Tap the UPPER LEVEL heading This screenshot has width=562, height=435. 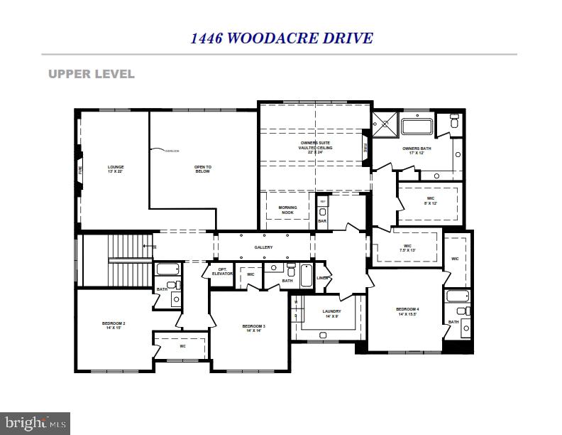(91, 74)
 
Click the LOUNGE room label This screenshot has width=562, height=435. (116, 169)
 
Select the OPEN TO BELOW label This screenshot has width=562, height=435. (203, 169)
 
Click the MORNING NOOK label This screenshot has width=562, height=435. (287, 210)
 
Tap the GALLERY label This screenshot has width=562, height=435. (264, 247)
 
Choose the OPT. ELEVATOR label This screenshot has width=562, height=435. (221, 272)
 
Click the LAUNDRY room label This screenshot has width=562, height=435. (331, 313)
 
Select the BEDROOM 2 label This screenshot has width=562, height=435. (114, 326)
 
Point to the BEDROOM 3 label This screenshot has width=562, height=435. (254, 328)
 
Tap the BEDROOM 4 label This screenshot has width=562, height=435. (407, 311)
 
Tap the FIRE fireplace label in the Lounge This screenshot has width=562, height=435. (80, 171)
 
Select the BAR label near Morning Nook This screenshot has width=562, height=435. (322, 221)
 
